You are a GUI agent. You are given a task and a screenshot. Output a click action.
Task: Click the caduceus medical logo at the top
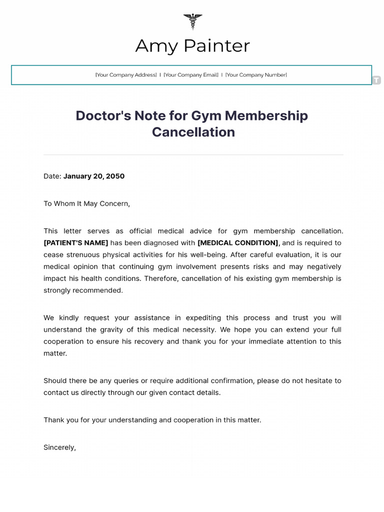point(192,21)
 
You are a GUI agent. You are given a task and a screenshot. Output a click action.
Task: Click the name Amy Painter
point(192,46)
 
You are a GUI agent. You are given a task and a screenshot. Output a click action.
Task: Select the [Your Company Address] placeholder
point(126,75)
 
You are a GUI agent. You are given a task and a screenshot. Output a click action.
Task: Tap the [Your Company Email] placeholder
point(191,75)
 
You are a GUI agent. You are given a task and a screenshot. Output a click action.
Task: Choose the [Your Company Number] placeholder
point(256,75)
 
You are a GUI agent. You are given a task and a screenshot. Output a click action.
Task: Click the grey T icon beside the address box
point(376,80)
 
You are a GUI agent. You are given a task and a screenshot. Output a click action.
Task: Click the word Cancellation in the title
point(193,132)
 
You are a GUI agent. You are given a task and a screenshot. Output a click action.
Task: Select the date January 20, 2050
point(94,176)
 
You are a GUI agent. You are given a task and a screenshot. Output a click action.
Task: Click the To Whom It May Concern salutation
point(86,203)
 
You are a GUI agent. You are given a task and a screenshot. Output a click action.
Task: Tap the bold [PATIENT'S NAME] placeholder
point(76,243)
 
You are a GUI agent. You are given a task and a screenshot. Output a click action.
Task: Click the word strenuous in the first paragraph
point(85,254)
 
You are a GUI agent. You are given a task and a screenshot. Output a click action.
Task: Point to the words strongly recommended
point(83,290)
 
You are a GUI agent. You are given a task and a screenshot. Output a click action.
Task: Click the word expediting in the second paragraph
point(204,318)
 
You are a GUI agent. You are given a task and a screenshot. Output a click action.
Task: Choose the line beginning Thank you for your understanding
point(152,420)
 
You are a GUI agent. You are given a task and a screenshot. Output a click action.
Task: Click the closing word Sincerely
point(59,447)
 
